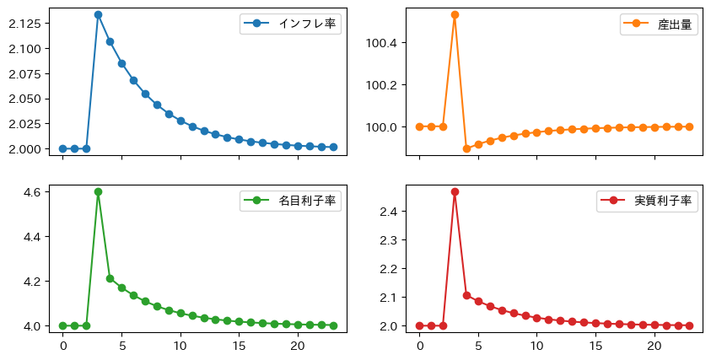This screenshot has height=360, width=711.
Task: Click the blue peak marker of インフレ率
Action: click(98, 14)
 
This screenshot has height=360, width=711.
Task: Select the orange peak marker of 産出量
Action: click(455, 14)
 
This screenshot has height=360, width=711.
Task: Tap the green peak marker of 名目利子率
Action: click(98, 191)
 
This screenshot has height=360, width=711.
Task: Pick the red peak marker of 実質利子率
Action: click(455, 191)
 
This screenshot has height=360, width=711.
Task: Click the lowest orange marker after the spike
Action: click(466, 148)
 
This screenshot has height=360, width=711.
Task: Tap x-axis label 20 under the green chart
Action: click(298, 346)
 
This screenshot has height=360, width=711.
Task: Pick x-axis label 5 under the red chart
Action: click(478, 346)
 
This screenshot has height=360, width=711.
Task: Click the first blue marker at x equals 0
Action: click(62, 148)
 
